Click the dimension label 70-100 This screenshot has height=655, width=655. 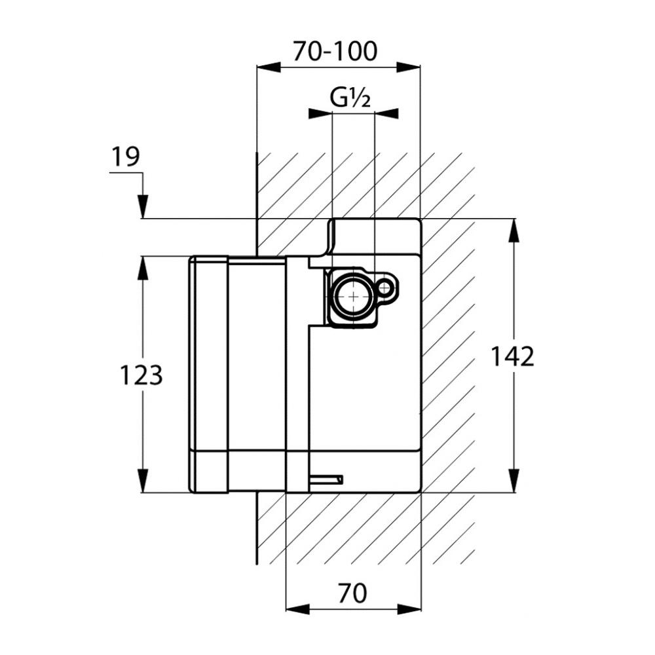[x=335, y=50]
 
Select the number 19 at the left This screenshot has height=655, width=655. [x=125, y=157]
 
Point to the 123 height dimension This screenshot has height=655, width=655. [x=140, y=375]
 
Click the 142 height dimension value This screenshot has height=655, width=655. [x=513, y=356]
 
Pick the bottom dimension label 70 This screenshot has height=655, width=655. [x=352, y=593]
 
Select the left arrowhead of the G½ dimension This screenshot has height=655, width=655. [x=320, y=113]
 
